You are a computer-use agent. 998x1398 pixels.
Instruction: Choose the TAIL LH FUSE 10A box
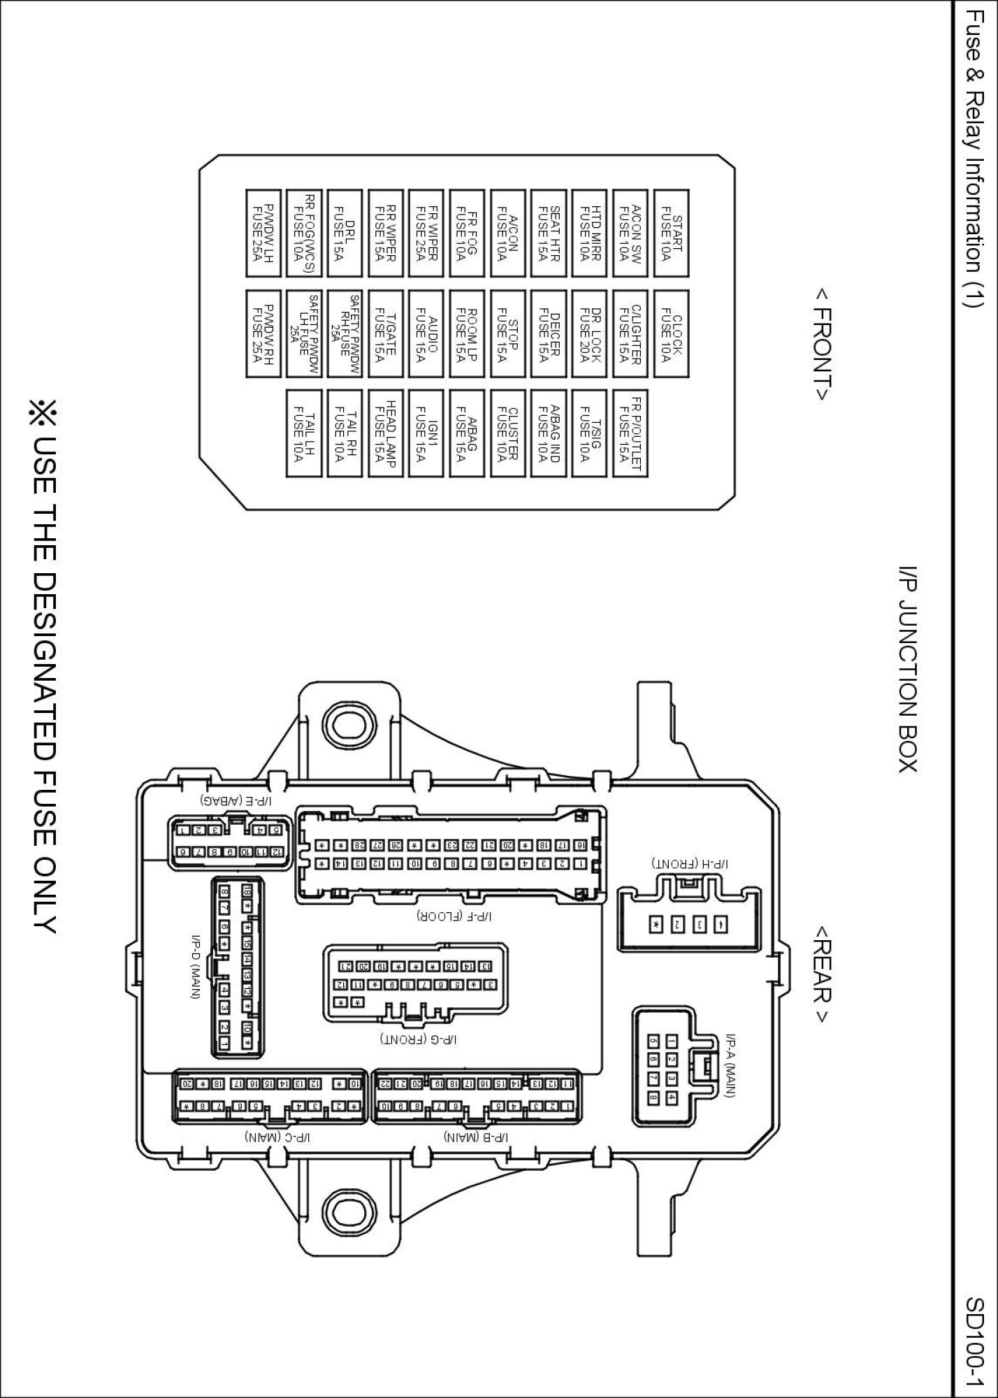303,433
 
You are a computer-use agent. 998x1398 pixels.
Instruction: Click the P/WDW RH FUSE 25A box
263,335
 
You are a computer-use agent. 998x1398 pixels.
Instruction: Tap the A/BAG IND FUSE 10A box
548,433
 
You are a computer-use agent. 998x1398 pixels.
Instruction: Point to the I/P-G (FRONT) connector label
418,1040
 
